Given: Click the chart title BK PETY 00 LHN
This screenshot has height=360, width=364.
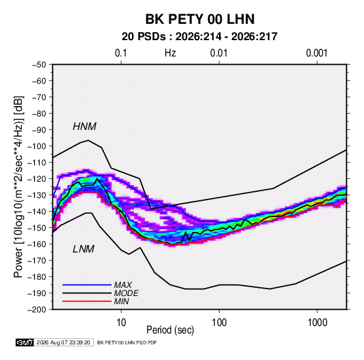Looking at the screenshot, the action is click(x=200, y=19).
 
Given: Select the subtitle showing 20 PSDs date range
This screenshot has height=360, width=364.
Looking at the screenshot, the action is click(x=199, y=37).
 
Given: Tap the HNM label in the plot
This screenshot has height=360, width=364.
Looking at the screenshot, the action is click(x=84, y=127).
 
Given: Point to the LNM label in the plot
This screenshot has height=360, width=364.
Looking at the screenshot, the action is click(x=84, y=249).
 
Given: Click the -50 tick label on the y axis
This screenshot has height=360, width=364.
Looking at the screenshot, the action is click(x=39, y=65).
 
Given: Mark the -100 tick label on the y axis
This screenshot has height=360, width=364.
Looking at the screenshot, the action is click(x=37, y=146).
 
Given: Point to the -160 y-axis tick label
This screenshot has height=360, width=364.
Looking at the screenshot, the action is click(x=37, y=244).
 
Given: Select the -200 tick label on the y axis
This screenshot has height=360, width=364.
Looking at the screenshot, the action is click(x=37, y=310).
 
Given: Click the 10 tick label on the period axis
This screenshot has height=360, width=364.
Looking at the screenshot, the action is click(x=121, y=323).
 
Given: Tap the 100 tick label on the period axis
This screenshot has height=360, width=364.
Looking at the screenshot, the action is click(x=219, y=323).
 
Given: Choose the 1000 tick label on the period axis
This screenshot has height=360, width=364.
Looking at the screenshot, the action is click(x=317, y=323).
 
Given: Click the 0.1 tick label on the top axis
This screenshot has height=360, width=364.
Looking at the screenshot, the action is click(x=121, y=53).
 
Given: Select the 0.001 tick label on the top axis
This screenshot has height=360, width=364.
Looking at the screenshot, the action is click(x=317, y=53).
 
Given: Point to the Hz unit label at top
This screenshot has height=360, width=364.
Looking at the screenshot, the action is click(x=170, y=53).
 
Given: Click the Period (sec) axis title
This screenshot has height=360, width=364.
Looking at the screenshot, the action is click(x=170, y=330).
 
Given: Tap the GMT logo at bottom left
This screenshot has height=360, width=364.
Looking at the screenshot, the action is click(x=25, y=342).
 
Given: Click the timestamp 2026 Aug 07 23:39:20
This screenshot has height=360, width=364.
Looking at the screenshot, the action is click(x=63, y=342).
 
